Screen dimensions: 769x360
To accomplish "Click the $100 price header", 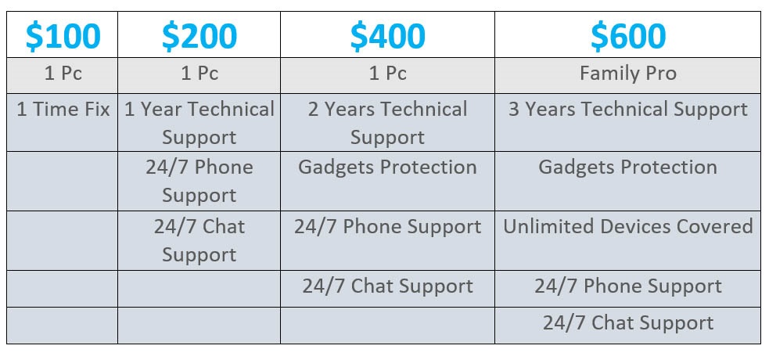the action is point(63,36).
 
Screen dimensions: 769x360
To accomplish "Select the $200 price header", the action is point(199,36).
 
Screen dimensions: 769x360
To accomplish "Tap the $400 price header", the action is point(387,36).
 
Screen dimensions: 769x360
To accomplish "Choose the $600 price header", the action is point(627,36).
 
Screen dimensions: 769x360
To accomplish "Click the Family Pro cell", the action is point(627,74).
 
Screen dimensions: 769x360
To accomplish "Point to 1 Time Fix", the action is point(63,109).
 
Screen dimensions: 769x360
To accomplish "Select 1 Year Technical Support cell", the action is point(199,123).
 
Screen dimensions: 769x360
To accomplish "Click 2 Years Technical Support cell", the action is point(387,123).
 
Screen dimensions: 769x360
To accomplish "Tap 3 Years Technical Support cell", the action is point(627,110).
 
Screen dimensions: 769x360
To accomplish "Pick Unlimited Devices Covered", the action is point(627,226).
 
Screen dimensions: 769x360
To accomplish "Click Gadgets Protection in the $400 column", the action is point(387,167).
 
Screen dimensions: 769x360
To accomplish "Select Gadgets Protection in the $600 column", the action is point(627,167).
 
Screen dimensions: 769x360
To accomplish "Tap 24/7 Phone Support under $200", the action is point(199,181).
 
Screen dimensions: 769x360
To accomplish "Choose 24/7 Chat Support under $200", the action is point(199,240).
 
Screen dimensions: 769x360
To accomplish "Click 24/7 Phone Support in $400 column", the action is point(387,227).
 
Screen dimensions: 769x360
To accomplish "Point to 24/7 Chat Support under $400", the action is point(387,286).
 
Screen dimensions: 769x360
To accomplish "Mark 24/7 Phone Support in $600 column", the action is point(627,286).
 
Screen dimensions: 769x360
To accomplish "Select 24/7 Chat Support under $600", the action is point(627,322).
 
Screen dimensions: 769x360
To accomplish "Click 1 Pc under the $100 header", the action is point(63,74).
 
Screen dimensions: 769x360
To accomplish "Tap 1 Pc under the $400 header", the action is point(387,74).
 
